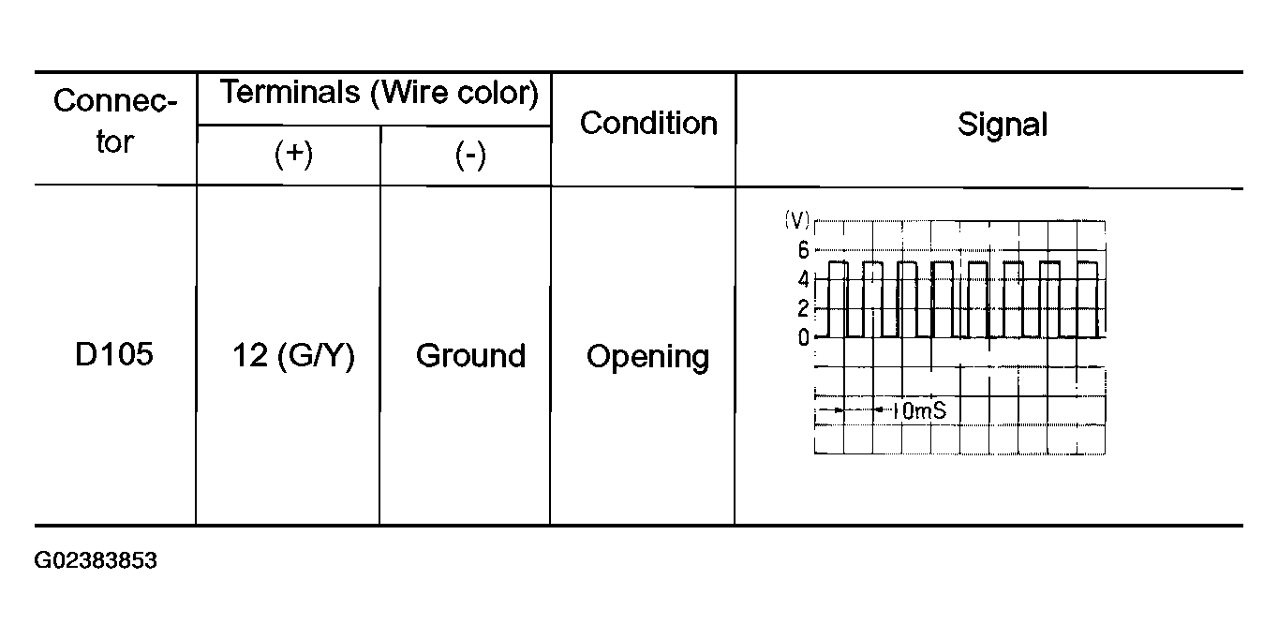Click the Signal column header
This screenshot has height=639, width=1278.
tap(1002, 126)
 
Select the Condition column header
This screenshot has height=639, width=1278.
tap(648, 124)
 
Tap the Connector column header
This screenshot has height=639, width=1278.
tap(115, 122)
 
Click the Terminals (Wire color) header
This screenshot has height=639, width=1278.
tap(379, 93)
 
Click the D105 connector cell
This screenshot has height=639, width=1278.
tap(115, 355)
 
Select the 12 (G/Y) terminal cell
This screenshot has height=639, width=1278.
tap(293, 356)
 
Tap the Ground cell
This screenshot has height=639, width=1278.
tap(470, 356)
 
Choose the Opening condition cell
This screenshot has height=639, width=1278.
tap(647, 357)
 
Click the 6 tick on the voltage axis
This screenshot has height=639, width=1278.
tap(803, 250)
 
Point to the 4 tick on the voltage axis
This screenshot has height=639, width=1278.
tap(803, 279)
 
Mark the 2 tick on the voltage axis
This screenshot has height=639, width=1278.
tap(803, 308)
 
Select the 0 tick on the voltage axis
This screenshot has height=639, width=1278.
tap(803, 337)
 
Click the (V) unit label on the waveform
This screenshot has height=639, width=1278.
tap(795, 220)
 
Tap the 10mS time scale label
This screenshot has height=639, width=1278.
tap(921, 410)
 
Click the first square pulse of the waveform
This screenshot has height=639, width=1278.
tap(839, 299)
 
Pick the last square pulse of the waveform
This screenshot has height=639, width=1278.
tap(1087, 299)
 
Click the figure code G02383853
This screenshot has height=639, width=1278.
tap(96, 562)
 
